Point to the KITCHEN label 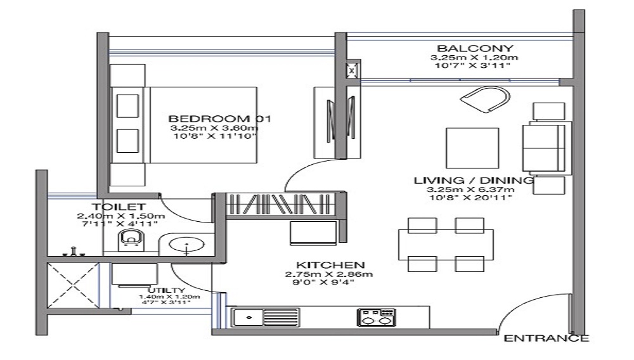(330, 264)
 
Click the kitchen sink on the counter (247, 315)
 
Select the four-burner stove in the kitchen (376, 316)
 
